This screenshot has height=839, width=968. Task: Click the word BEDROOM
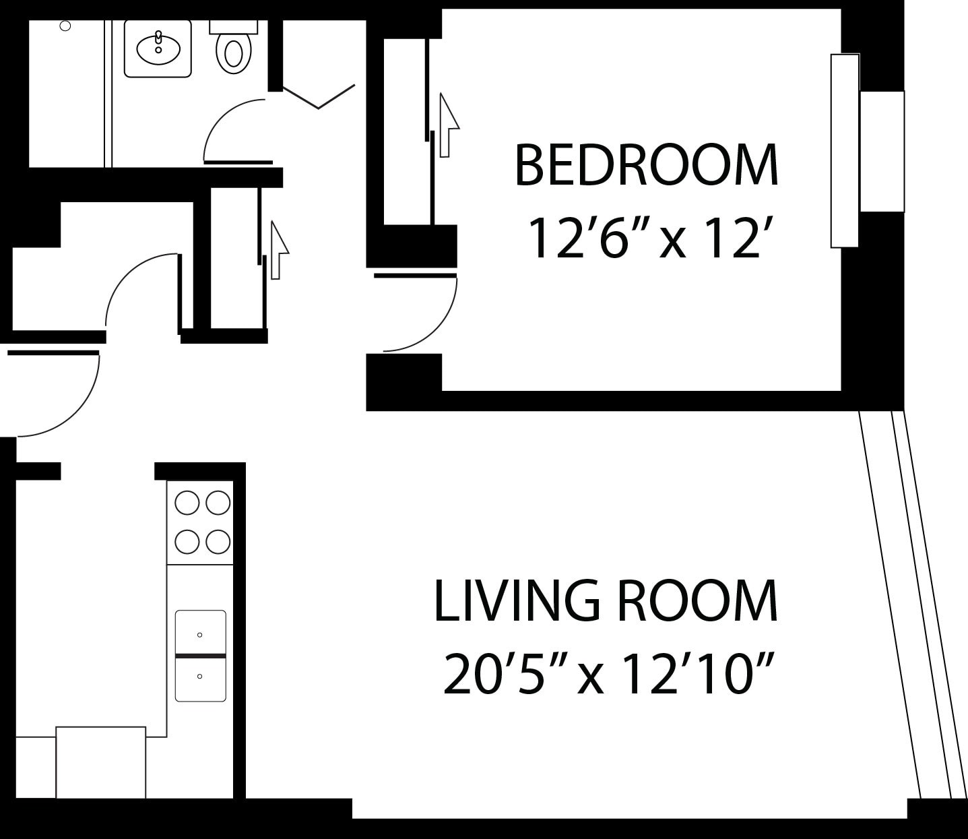click(x=646, y=165)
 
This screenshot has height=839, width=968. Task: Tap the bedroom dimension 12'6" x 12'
click(x=646, y=238)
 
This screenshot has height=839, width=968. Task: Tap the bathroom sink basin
click(x=158, y=48)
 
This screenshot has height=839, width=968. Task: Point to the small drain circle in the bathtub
click(x=65, y=26)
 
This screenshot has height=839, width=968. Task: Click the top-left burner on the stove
click(x=187, y=503)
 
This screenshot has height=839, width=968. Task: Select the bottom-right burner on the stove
click(x=218, y=541)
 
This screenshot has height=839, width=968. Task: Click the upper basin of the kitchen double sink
click(x=200, y=632)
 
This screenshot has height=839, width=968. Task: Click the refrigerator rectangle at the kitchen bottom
click(x=100, y=762)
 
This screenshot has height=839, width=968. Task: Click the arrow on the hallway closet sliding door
click(x=278, y=249)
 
